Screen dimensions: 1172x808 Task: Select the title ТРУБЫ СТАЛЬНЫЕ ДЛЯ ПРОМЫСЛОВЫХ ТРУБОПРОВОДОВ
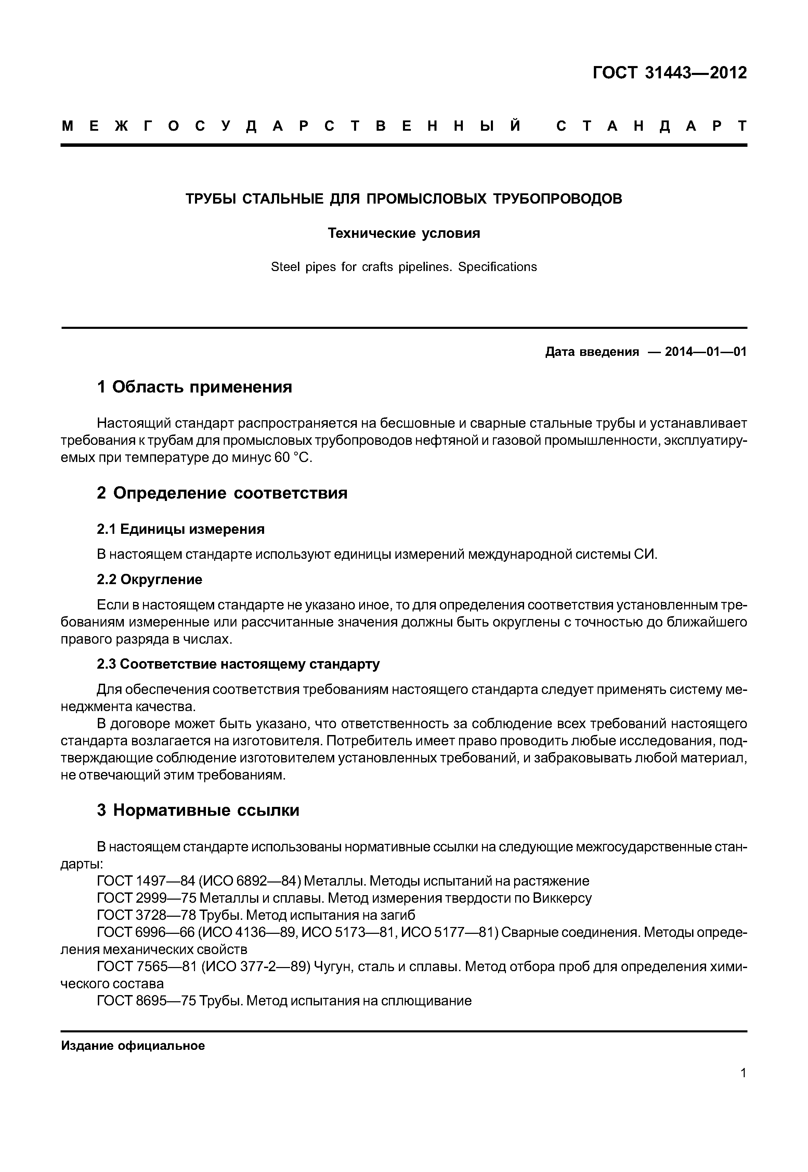(x=404, y=199)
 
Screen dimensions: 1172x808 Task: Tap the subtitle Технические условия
(x=404, y=233)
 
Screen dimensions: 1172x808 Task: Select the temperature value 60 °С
(x=294, y=458)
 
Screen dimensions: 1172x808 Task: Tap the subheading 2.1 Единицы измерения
(x=180, y=529)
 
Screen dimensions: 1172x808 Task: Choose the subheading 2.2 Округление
(x=149, y=579)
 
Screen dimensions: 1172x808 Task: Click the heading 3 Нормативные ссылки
(x=198, y=810)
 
